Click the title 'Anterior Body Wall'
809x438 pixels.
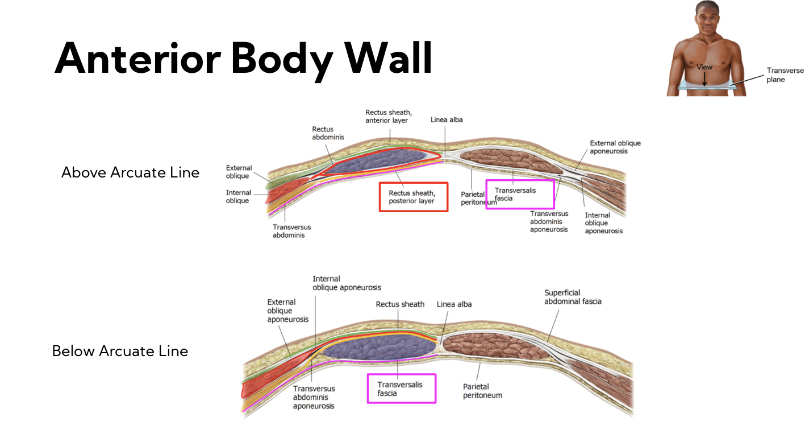243,59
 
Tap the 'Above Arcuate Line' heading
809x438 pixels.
130,172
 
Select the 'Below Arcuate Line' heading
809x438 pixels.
120,351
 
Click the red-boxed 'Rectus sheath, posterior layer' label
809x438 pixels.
412,197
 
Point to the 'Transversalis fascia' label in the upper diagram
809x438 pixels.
515,194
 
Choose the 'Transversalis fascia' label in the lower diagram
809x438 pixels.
400,389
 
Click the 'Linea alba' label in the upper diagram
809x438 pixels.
447,119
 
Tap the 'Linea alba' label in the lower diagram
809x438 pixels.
454,304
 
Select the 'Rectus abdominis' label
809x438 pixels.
328,133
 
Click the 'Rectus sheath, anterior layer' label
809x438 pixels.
388,117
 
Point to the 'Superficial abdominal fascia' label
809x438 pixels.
573,297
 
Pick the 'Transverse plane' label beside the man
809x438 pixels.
785,75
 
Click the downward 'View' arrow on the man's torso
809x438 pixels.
704,79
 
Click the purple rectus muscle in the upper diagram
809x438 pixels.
380,160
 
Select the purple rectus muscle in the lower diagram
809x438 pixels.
380,346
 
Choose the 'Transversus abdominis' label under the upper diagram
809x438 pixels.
291,231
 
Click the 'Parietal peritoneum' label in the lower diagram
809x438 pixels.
482,391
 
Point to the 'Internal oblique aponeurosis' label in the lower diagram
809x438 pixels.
347,283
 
